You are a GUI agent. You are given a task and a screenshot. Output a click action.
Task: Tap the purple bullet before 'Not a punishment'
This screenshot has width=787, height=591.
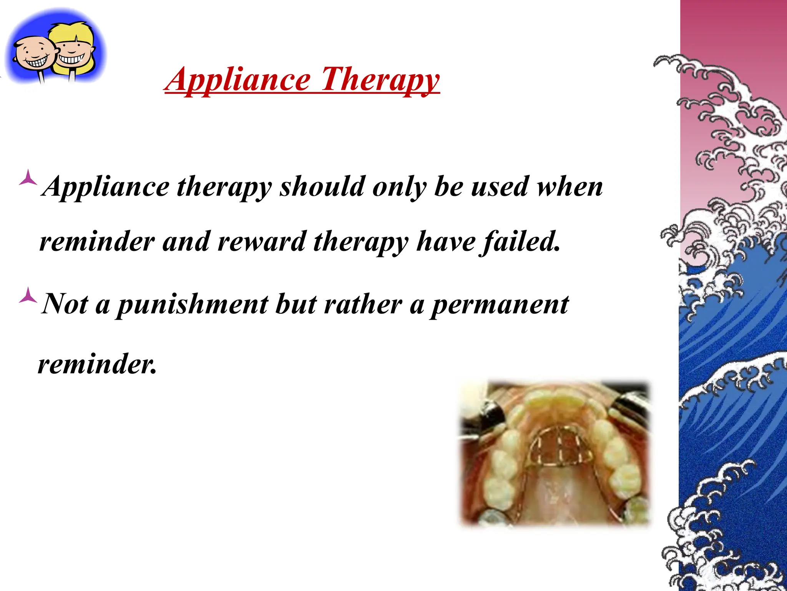[28, 295]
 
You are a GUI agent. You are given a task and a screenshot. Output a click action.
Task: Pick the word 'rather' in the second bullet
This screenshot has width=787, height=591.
[363, 304]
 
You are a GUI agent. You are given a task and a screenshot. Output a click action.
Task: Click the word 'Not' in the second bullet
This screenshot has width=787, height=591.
[65, 304]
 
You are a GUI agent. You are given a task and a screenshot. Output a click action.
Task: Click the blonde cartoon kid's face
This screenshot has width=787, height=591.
[73, 52]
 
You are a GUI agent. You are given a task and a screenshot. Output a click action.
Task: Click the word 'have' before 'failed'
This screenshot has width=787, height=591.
[446, 242]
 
